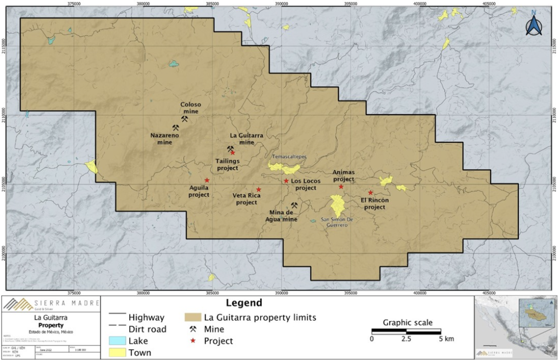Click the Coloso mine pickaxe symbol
(184, 119)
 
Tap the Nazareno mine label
(164, 139)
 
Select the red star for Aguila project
(207, 180)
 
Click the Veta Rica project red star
(259, 190)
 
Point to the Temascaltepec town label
(289, 157)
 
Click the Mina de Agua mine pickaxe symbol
(294, 206)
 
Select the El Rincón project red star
(370, 193)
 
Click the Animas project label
(343, 176)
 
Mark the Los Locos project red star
(286, 181)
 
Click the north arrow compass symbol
(534, 25)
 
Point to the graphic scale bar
(406, 331)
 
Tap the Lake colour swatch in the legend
(117, 341)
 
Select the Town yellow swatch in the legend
(117, 352)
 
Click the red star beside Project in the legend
(193, 341)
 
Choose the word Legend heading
(244, 303)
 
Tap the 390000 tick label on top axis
(281, 4)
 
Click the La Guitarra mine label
(247, 139)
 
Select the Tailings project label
(227, 164)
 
